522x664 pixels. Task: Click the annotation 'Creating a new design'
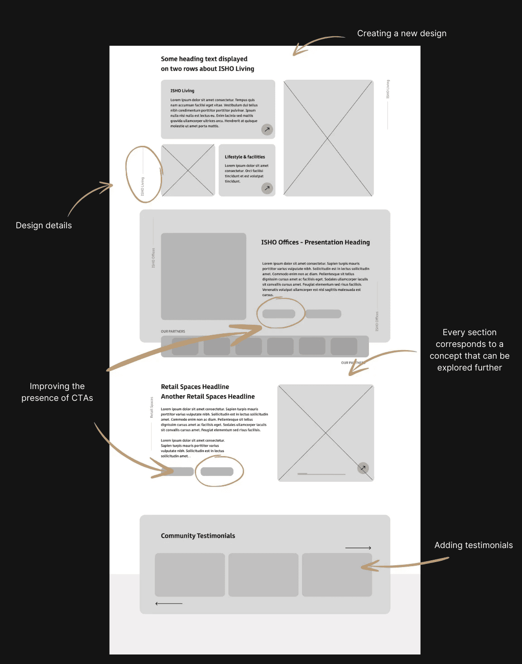click(x=402, y=34)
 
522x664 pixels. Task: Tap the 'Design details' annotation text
click(x=44, y=226)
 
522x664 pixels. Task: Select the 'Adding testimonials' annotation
click(x=474, y=545)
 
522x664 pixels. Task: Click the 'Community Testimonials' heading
click(x=198, y=536)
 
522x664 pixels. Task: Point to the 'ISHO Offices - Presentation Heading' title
click(x=315, y=242)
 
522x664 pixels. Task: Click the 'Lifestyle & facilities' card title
click(x=245, y=157)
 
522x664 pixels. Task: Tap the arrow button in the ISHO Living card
click(x=267, y=130)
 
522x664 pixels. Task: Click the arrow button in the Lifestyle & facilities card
click(x=267, y=188)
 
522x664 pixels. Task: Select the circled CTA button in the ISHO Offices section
click(x=279, y=313)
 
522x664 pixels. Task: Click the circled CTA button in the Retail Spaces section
click(x=217, y=472)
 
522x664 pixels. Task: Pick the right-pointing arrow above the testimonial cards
click(x=358, y=548)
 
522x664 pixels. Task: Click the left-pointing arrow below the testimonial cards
click(x=169, y=603)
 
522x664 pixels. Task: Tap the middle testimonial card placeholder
click(x=263, y=575)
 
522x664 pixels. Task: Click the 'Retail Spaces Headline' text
click(x=195, y=387)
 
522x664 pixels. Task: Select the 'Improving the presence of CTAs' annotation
click(x=57, y=392)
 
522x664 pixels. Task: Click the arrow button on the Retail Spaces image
click(x=363, y=468)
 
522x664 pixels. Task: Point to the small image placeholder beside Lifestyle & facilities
click(x=188, y=170)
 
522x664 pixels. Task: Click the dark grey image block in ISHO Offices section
click(x=204, y=276)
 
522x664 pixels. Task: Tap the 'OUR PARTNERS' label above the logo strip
click(x=173, y=332)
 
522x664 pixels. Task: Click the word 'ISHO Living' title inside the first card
click(x=182, y=91)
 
